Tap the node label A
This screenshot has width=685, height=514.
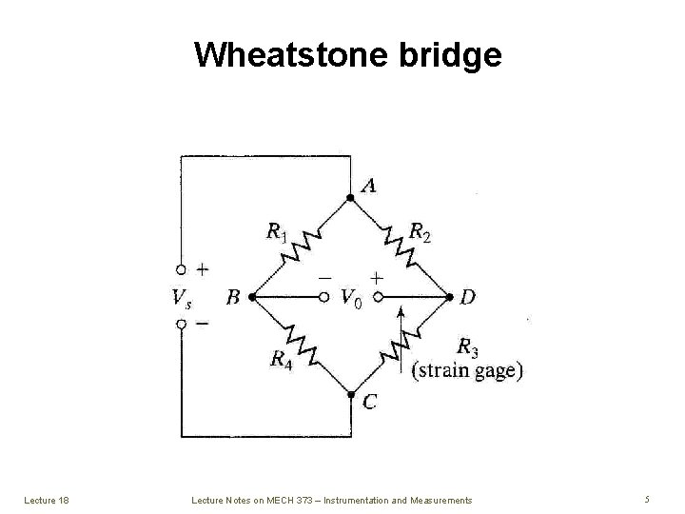coord(367,185)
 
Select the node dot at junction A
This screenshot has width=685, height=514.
coord(350,197)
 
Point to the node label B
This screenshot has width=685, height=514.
coord(234,298)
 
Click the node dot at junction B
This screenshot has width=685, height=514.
coord(251,297)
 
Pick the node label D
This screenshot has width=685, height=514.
coord(467,298)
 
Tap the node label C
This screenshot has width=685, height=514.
coord(370,403)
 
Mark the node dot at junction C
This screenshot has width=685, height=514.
coord(351,395)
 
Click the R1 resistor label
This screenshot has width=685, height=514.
coord(276,231)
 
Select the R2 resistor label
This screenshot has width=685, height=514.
coord(420,230)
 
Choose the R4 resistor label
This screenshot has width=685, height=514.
coord(280,359)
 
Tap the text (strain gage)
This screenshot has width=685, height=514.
coord(466,370)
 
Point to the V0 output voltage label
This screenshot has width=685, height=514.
coord(351,298)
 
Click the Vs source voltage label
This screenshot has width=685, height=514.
coord(181,298)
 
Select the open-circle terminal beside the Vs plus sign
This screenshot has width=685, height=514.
coord(181,270)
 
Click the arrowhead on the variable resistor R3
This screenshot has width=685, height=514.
coord(401,310)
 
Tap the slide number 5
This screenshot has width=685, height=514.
coord(646,499)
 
